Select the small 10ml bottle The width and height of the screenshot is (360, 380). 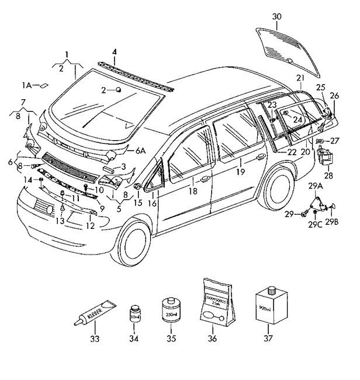pos(135,316)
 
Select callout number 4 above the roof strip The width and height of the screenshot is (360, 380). pos(115,52)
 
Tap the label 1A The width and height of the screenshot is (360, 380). pos(27,85)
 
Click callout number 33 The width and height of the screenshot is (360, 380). pos(95,339)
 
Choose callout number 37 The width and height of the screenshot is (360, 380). pos(269,339)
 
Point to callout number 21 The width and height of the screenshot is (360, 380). pos(300,78)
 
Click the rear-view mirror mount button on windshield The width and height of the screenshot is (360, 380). pos(119,90)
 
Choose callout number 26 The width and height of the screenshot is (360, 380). pos(334,96)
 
